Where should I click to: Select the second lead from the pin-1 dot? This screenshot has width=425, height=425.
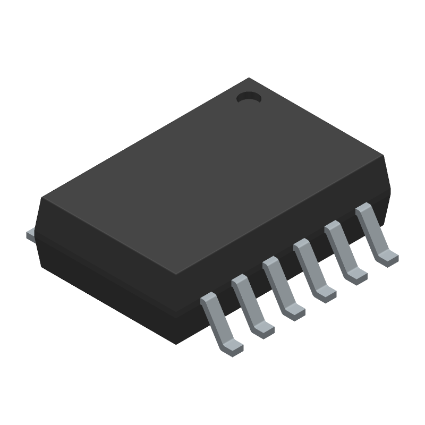tap(340, 248)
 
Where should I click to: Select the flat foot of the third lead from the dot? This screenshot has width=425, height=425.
tap(326, 294)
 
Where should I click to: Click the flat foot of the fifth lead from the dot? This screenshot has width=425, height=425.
tap(263, 330)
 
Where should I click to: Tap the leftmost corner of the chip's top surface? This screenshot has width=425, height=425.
tap(42, 198)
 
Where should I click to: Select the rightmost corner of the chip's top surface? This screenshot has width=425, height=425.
tap(383, 155)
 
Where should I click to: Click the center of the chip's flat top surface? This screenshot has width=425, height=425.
tap(212, 176)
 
